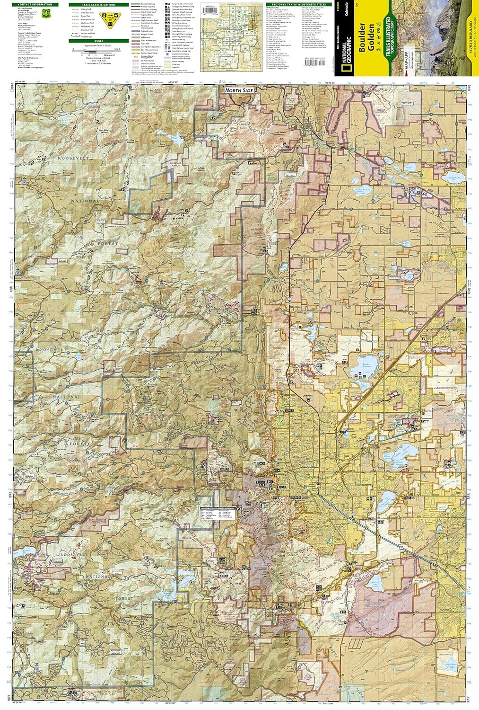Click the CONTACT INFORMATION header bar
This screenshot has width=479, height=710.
pos(36,5)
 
